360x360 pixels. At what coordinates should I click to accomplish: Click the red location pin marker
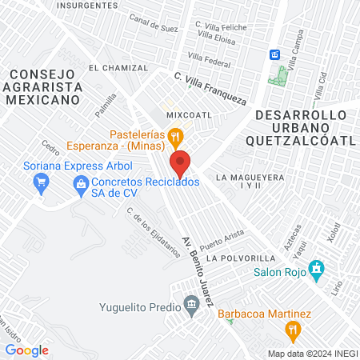pyautogui.click(x=181, y=163)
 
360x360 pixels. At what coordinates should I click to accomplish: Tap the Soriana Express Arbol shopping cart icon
pyautogui.click(x=41, y=183)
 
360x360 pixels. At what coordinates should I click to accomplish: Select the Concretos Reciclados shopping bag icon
pyautogui.click(x=80, y=183)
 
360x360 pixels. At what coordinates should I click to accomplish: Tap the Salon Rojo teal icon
pyautogui.click(x=318, y=267)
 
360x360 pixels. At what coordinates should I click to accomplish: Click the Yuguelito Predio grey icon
pyautogui.click(x=190, y=304)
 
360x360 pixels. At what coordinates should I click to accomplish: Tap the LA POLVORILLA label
pyautogui.click(x=240, y=258)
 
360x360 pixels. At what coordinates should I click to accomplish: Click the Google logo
pyautogui.click(x=27, y=350)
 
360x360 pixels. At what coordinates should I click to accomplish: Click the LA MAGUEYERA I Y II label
pyautogui.click(x=250, y=181)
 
